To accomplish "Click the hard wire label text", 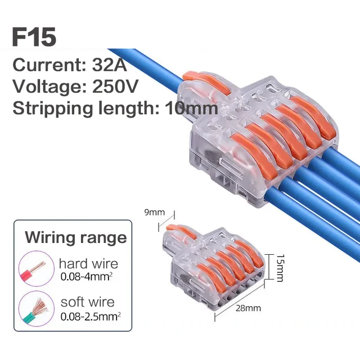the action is point(88,263).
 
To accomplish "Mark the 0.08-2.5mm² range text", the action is point(90,317).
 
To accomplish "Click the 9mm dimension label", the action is point(154,213).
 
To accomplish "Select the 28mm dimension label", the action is point(249,308).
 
